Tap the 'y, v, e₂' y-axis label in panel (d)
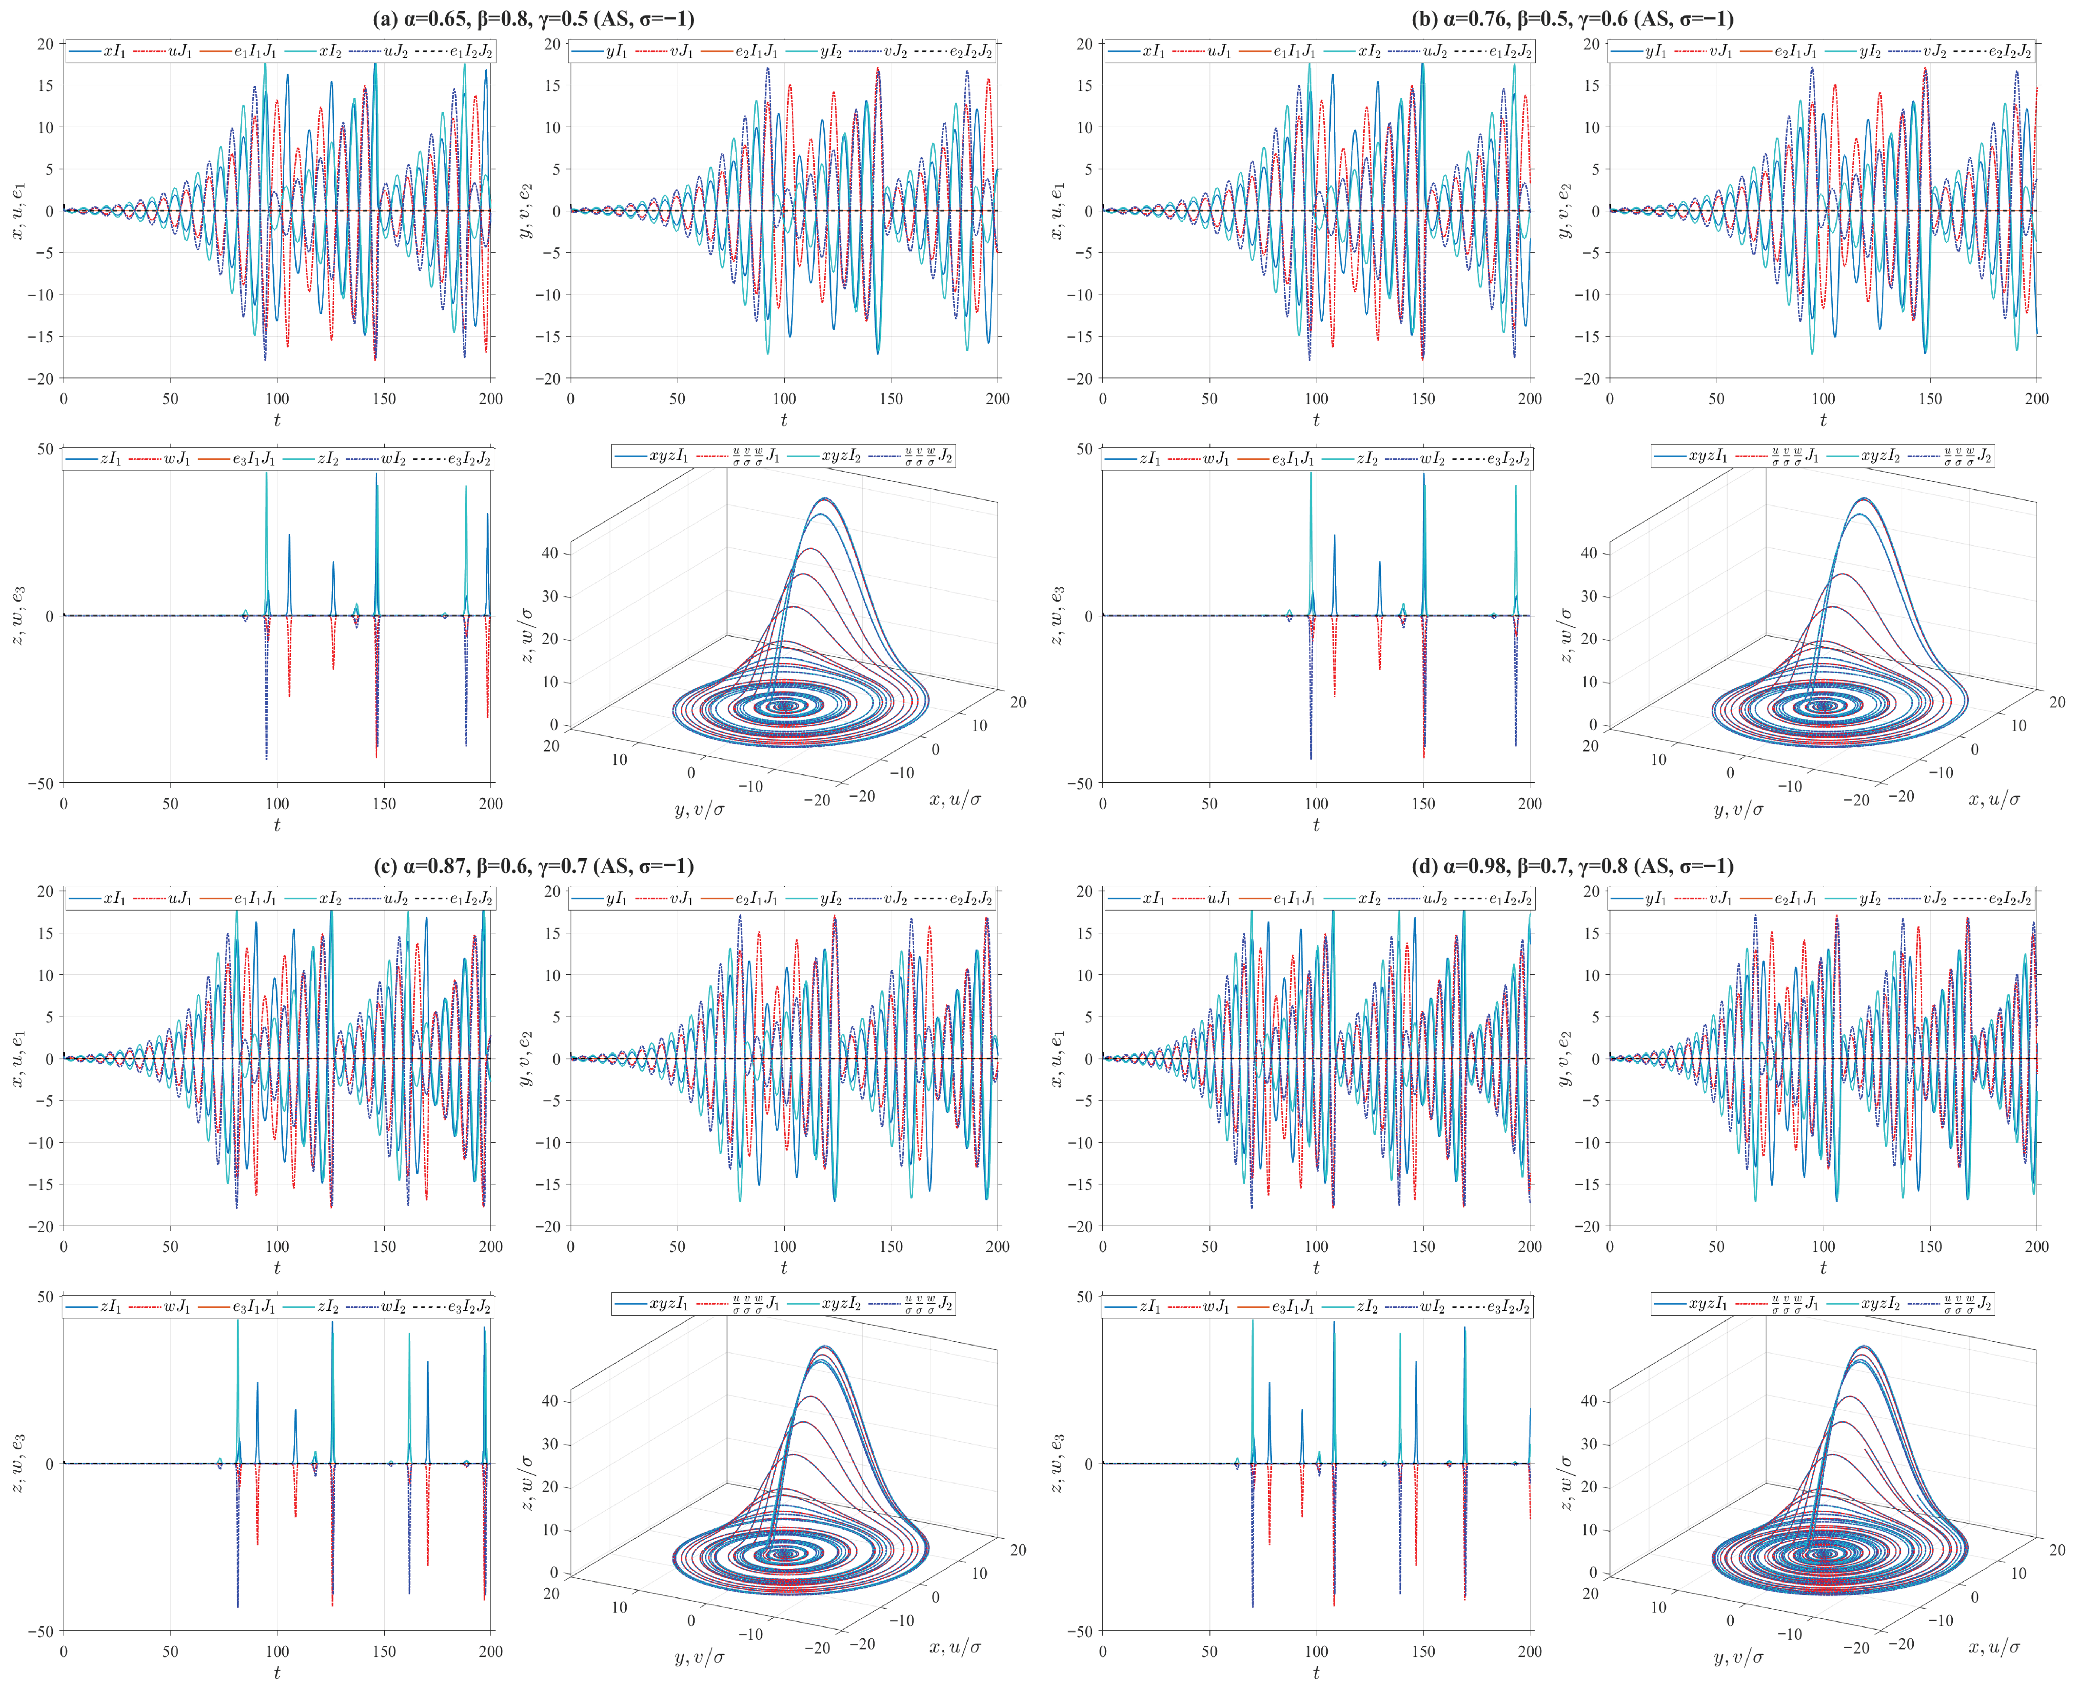pos(1565,1058)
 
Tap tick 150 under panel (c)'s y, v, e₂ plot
pos(891,1247)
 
